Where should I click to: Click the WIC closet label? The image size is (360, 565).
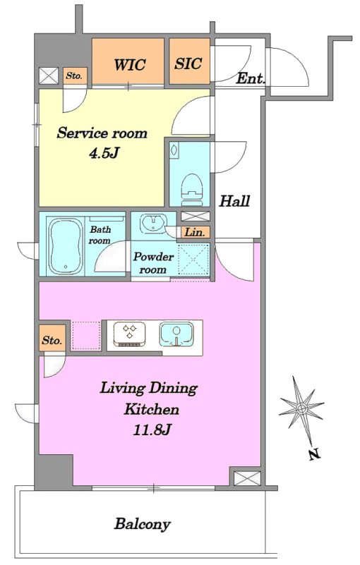click(x=130, y=65)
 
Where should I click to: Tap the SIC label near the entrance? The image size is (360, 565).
click(x=188, y=63)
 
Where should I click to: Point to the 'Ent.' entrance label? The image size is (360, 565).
click(x=251, y=78)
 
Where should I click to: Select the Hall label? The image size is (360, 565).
click(x=234, y=201)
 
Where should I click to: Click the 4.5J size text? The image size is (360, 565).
click(x=104, y=154)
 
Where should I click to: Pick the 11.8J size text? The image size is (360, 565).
click(x=152, y=430)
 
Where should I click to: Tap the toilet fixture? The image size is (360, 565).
click(x=191, y=188)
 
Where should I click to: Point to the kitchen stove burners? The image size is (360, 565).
click(x=129, y=334)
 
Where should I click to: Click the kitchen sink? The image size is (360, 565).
click(x=176, y=334)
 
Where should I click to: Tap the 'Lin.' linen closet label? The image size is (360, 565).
click(x=195, y=232)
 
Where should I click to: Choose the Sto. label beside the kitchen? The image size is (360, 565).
click(x=52, y=340)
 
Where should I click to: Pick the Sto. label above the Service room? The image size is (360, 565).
click(x=74, y=76)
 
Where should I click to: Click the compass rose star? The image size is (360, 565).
click(x=301, y=408)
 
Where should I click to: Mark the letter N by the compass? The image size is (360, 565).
click(x=315, y=454)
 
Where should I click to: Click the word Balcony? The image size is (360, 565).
click(x=142, y=524)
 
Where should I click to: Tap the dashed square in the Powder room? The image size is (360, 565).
click(x=194, y=260)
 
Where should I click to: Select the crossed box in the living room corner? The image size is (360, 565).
click(x=247, y=478)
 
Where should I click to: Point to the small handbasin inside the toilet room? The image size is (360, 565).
click(x=174, y=151)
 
